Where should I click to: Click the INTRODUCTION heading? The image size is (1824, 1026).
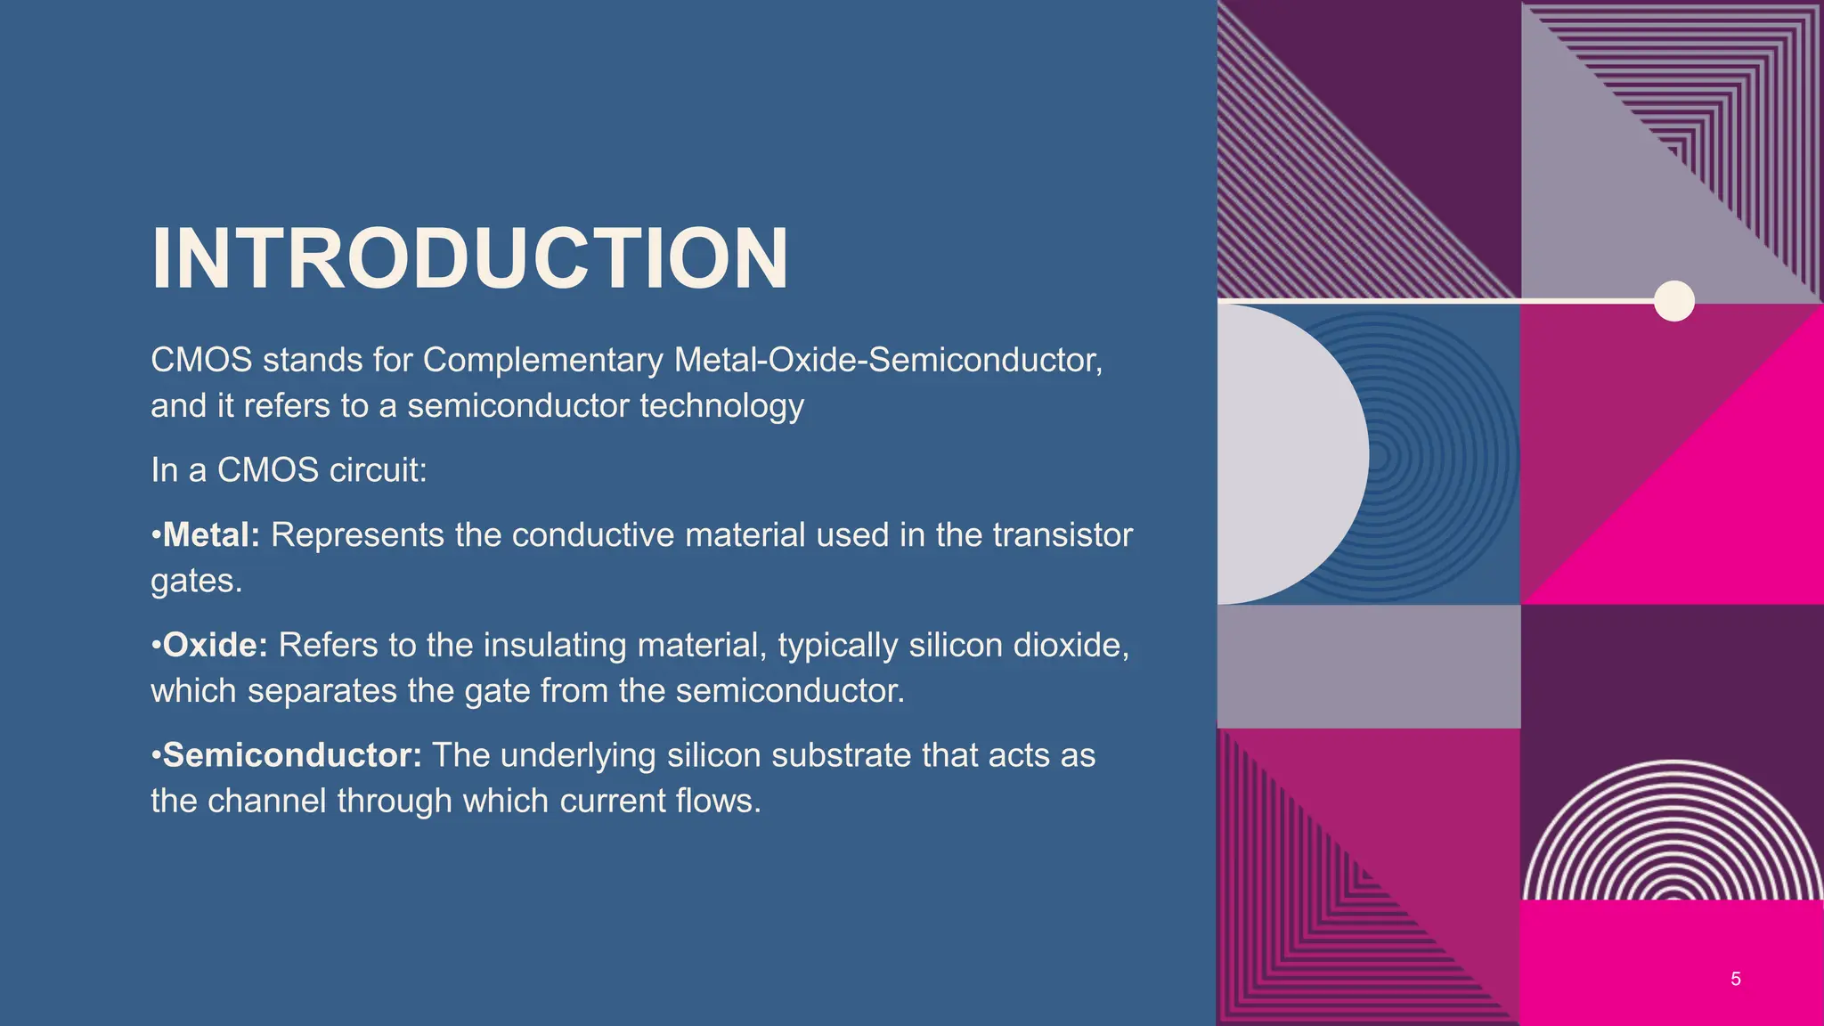[x=469, y=259]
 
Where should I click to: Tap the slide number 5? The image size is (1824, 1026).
[x=1735, y=980]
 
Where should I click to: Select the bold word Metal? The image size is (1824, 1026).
[x=211, y=535]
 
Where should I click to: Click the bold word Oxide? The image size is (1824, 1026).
[x=215, y=645]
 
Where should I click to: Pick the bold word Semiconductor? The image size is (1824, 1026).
[x=291, y=755]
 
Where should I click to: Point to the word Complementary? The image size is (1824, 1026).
[x=542, y=360]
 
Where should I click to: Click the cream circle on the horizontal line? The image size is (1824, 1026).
[x=1673, y=301]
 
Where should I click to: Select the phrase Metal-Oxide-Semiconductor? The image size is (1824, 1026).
[x=887, y=360]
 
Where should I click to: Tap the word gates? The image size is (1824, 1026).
[x=196, y=582]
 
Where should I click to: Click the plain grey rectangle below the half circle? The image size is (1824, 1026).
[x=1368, y=666]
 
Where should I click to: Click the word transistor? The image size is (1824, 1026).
[x=1062, y=535]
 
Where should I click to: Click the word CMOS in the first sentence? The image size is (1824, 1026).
[x=201, y=360]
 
